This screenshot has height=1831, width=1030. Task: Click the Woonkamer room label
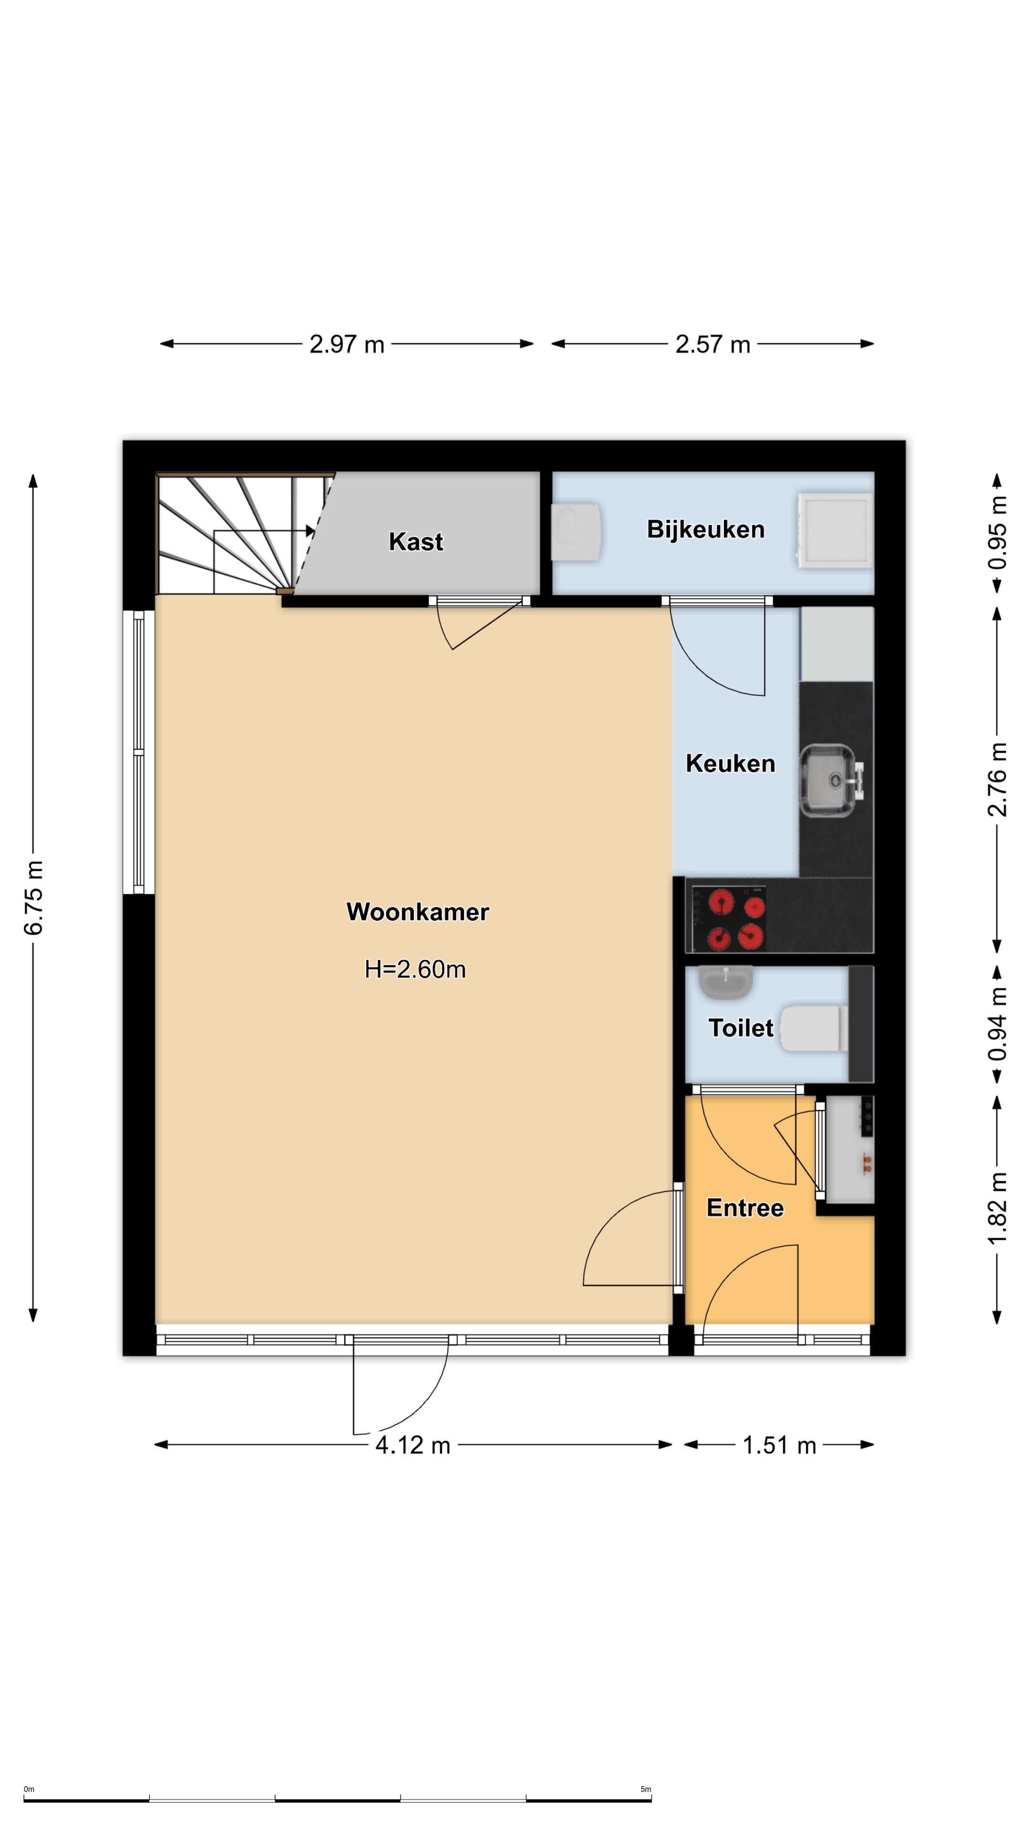coord(417,912)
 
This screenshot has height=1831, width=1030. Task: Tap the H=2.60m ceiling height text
coord(415,969)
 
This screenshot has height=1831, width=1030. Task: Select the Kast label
coord(416,542)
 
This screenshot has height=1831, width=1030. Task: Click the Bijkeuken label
coord(706,530)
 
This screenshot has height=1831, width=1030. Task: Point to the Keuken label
coord(730,763)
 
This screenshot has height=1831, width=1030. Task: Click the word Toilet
coord(741,1028)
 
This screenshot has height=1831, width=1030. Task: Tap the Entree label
coord(745,1208)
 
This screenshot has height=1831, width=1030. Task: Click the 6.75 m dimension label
coord(33,897)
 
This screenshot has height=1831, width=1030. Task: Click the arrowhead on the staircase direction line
coord(310,531)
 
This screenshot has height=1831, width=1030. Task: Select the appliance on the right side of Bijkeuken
coord(833,530)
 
